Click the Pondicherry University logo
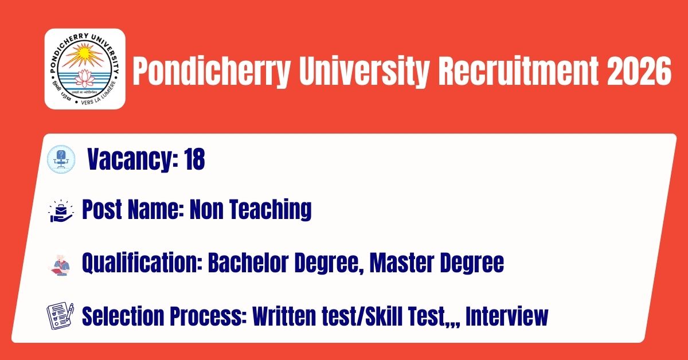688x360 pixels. [x=85, y=69]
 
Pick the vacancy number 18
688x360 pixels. [x=194, y=159]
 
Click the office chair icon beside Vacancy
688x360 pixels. [x=61, y=159]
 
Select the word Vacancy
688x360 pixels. [x=132, y=160]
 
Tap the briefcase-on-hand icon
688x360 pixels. [x=61, y=211]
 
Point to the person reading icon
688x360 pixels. [x=60, y=265]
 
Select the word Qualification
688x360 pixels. [x=142, y=263]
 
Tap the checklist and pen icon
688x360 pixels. [x=60, y=316]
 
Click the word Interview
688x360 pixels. [x=507, y=316]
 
